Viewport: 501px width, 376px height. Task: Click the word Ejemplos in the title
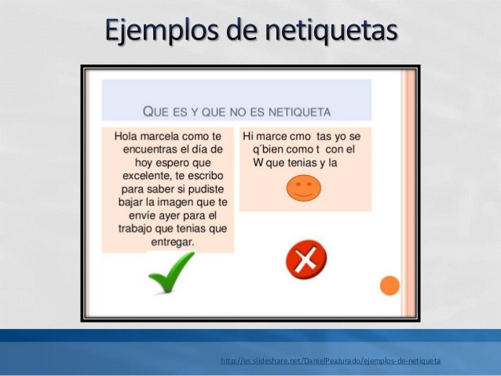coord(163,31)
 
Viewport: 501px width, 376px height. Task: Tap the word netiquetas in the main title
coord(331,31)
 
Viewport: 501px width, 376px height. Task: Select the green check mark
coord(171,272)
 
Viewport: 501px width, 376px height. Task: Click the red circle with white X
coord(306,259)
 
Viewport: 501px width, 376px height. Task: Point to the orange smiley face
coord(304,188)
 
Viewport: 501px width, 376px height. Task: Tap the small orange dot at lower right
coord(389,286)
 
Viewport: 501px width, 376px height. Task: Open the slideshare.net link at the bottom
coord(331,361)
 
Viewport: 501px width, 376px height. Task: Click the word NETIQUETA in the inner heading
coord(299,112)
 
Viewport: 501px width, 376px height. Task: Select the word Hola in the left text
coord(126,137)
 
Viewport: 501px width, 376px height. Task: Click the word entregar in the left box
coord(172,243)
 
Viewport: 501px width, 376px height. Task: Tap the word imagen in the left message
coord(175,203)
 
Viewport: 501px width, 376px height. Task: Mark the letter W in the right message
coord(258,163)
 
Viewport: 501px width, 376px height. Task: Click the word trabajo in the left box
coord(135,229)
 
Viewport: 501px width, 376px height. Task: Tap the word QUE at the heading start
coord(155,111)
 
